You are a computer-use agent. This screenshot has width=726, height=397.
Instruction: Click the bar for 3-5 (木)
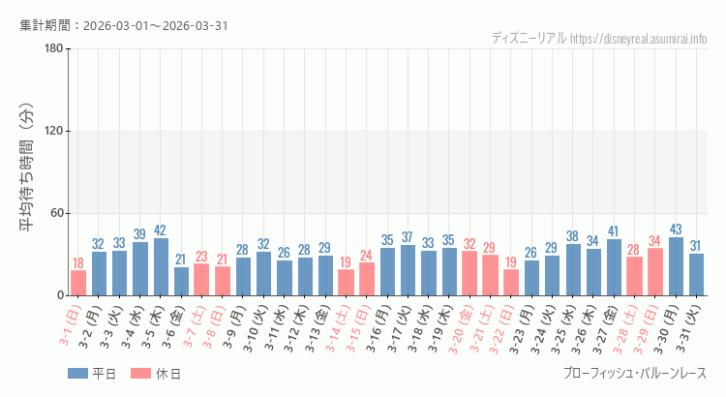click(x=161, y=266)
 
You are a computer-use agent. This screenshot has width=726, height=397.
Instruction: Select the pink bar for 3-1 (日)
click(x=78, y=283)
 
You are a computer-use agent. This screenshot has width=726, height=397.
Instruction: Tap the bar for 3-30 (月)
click(x=676, y=266)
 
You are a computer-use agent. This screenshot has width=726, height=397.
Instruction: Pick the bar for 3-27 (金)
click(x=614, y=267)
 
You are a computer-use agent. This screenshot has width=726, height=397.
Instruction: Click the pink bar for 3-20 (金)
click(x=469, y=273)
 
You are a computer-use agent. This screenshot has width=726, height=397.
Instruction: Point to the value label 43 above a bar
click(x=676, y=229)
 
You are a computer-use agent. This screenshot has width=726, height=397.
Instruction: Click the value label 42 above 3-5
click(x=161, y=230)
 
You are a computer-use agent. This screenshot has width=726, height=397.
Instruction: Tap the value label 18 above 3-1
click(x=78, y=263)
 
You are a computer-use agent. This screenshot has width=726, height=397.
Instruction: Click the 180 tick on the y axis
click(x=54, y=49)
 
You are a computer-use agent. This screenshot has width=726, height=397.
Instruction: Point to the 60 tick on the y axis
click(x=57, y=213)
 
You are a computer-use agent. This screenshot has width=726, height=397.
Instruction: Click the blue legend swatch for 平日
click(x=77, y=374)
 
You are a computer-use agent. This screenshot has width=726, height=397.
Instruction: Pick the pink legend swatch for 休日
click(x=141, y=374)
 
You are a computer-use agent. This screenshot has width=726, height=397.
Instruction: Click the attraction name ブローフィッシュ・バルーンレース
click(x=634, y=374)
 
